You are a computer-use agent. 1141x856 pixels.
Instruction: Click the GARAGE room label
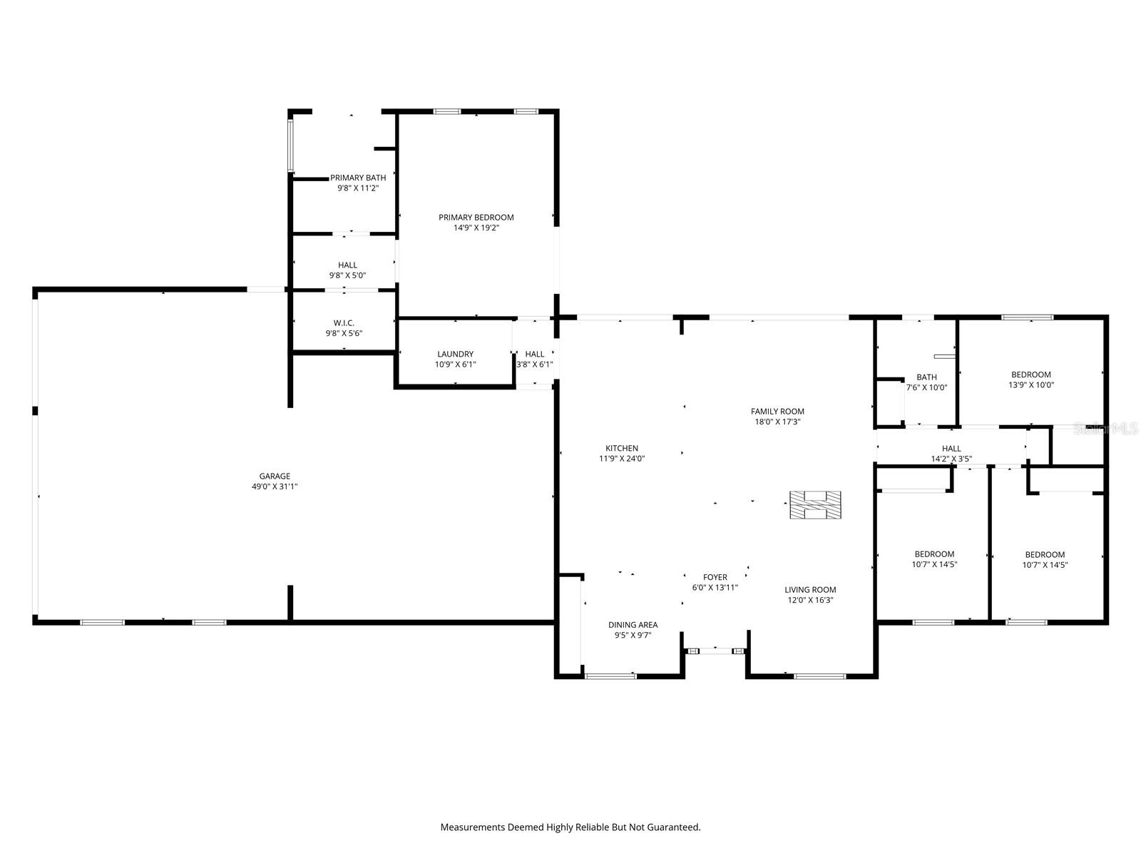[275, 477]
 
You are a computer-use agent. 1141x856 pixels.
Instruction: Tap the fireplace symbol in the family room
[814, 504]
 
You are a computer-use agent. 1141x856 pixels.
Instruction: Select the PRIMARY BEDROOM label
[476, 218]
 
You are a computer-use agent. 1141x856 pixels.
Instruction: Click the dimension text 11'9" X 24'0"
[622, 459]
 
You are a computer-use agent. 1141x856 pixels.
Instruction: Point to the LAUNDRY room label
[455, 354]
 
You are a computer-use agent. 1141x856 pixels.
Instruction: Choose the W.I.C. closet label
[344, 323]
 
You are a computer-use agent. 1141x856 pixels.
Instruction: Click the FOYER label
[715, 577]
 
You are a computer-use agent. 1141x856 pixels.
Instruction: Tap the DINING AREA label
[633, 625]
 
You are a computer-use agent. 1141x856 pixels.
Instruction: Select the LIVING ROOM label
[810, 590]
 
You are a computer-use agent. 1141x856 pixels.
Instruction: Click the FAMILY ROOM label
[777, 412]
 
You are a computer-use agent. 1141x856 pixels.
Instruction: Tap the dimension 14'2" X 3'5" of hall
[951, 459]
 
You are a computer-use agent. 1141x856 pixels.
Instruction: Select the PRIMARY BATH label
[358, 178]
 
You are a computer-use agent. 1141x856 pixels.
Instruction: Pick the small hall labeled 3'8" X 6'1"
[534, 359]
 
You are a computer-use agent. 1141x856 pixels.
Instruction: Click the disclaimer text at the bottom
[570, 827]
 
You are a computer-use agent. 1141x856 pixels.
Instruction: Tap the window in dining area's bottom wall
[610, 676]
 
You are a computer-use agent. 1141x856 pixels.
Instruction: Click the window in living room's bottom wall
[819, 676]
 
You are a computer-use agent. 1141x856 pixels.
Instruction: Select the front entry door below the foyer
[715, 651]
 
